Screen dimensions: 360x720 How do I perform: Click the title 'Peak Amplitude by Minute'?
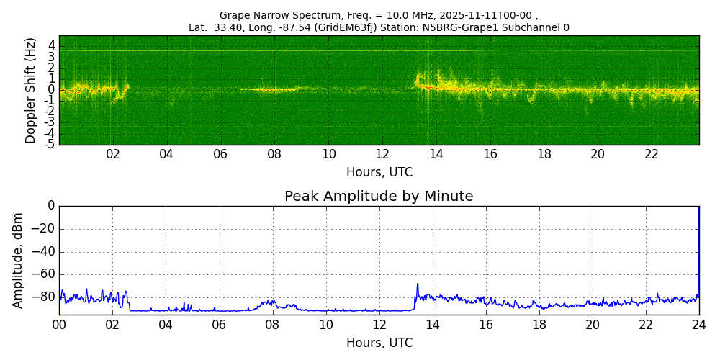pyautogui.click(x=379, y=197)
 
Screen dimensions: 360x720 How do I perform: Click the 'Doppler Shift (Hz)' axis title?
pyautogui.click(x=30, y=90)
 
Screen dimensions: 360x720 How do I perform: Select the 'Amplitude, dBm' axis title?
pyautogui.click(x=18, y=260)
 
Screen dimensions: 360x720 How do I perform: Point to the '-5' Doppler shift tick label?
pyautogui.click(x=50, y=144)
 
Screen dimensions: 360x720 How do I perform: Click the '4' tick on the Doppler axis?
pyautogui.click(x=52, y=45)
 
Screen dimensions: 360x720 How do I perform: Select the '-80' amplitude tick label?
pyautogui.click(x=42, y=297)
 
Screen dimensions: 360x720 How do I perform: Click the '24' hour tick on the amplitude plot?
pyautogui.click(x=699, y=325)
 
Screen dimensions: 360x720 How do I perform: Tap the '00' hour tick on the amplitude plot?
pyautogui.click(x=59, y=325)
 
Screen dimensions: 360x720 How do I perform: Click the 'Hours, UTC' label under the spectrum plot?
pyautogui.click(x=379, y=172)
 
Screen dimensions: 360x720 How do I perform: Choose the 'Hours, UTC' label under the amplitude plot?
pyautogui.click(x=379, y=343)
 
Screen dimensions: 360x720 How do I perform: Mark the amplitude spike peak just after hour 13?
pyautogui.click(x=417, y=284)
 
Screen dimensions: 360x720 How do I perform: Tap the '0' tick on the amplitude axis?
pyautogui.click(x=51, y=206)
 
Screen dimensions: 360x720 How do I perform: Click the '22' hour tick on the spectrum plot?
pyautogui.click(x=652, y=154)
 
